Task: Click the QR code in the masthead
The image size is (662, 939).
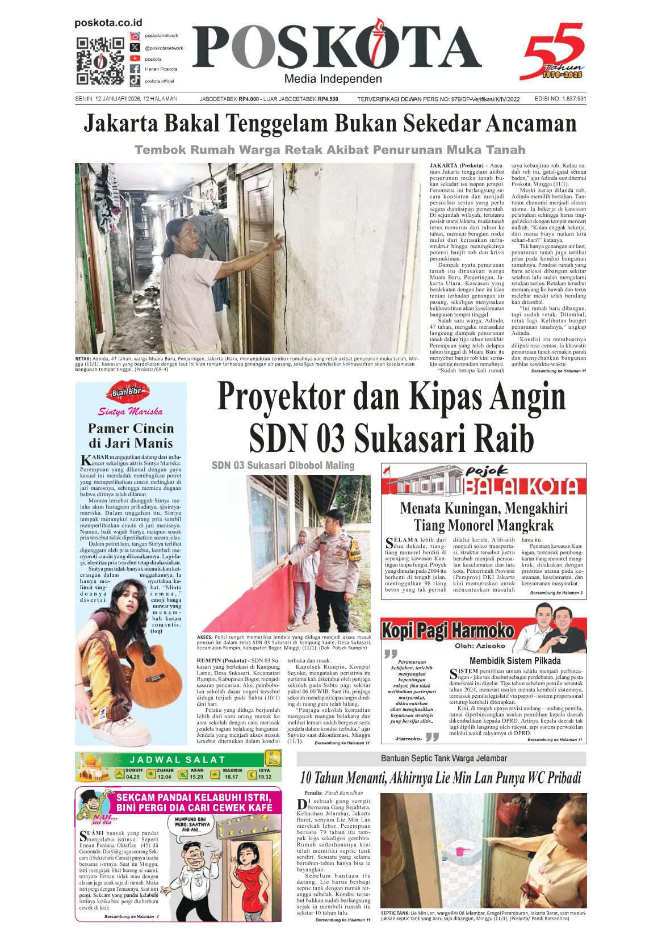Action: point(100,61)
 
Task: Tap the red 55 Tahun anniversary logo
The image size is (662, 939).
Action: point(554,52)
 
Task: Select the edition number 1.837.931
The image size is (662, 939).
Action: point(573,99)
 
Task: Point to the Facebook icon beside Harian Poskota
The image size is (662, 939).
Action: point(135,69)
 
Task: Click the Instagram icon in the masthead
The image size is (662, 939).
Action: point(135,36)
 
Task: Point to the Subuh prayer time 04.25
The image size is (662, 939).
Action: point(133,777)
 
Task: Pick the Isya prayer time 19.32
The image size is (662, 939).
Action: point(265,777)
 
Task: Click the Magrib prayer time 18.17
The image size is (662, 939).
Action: point(232,777)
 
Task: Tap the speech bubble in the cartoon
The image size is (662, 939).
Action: point(190,824)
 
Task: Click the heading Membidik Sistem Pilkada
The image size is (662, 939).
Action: point(515,661)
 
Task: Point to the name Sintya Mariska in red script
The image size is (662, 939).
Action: point(131,412)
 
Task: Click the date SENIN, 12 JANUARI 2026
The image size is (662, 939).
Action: point(107,99)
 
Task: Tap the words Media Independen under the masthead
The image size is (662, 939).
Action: point(333,79)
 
